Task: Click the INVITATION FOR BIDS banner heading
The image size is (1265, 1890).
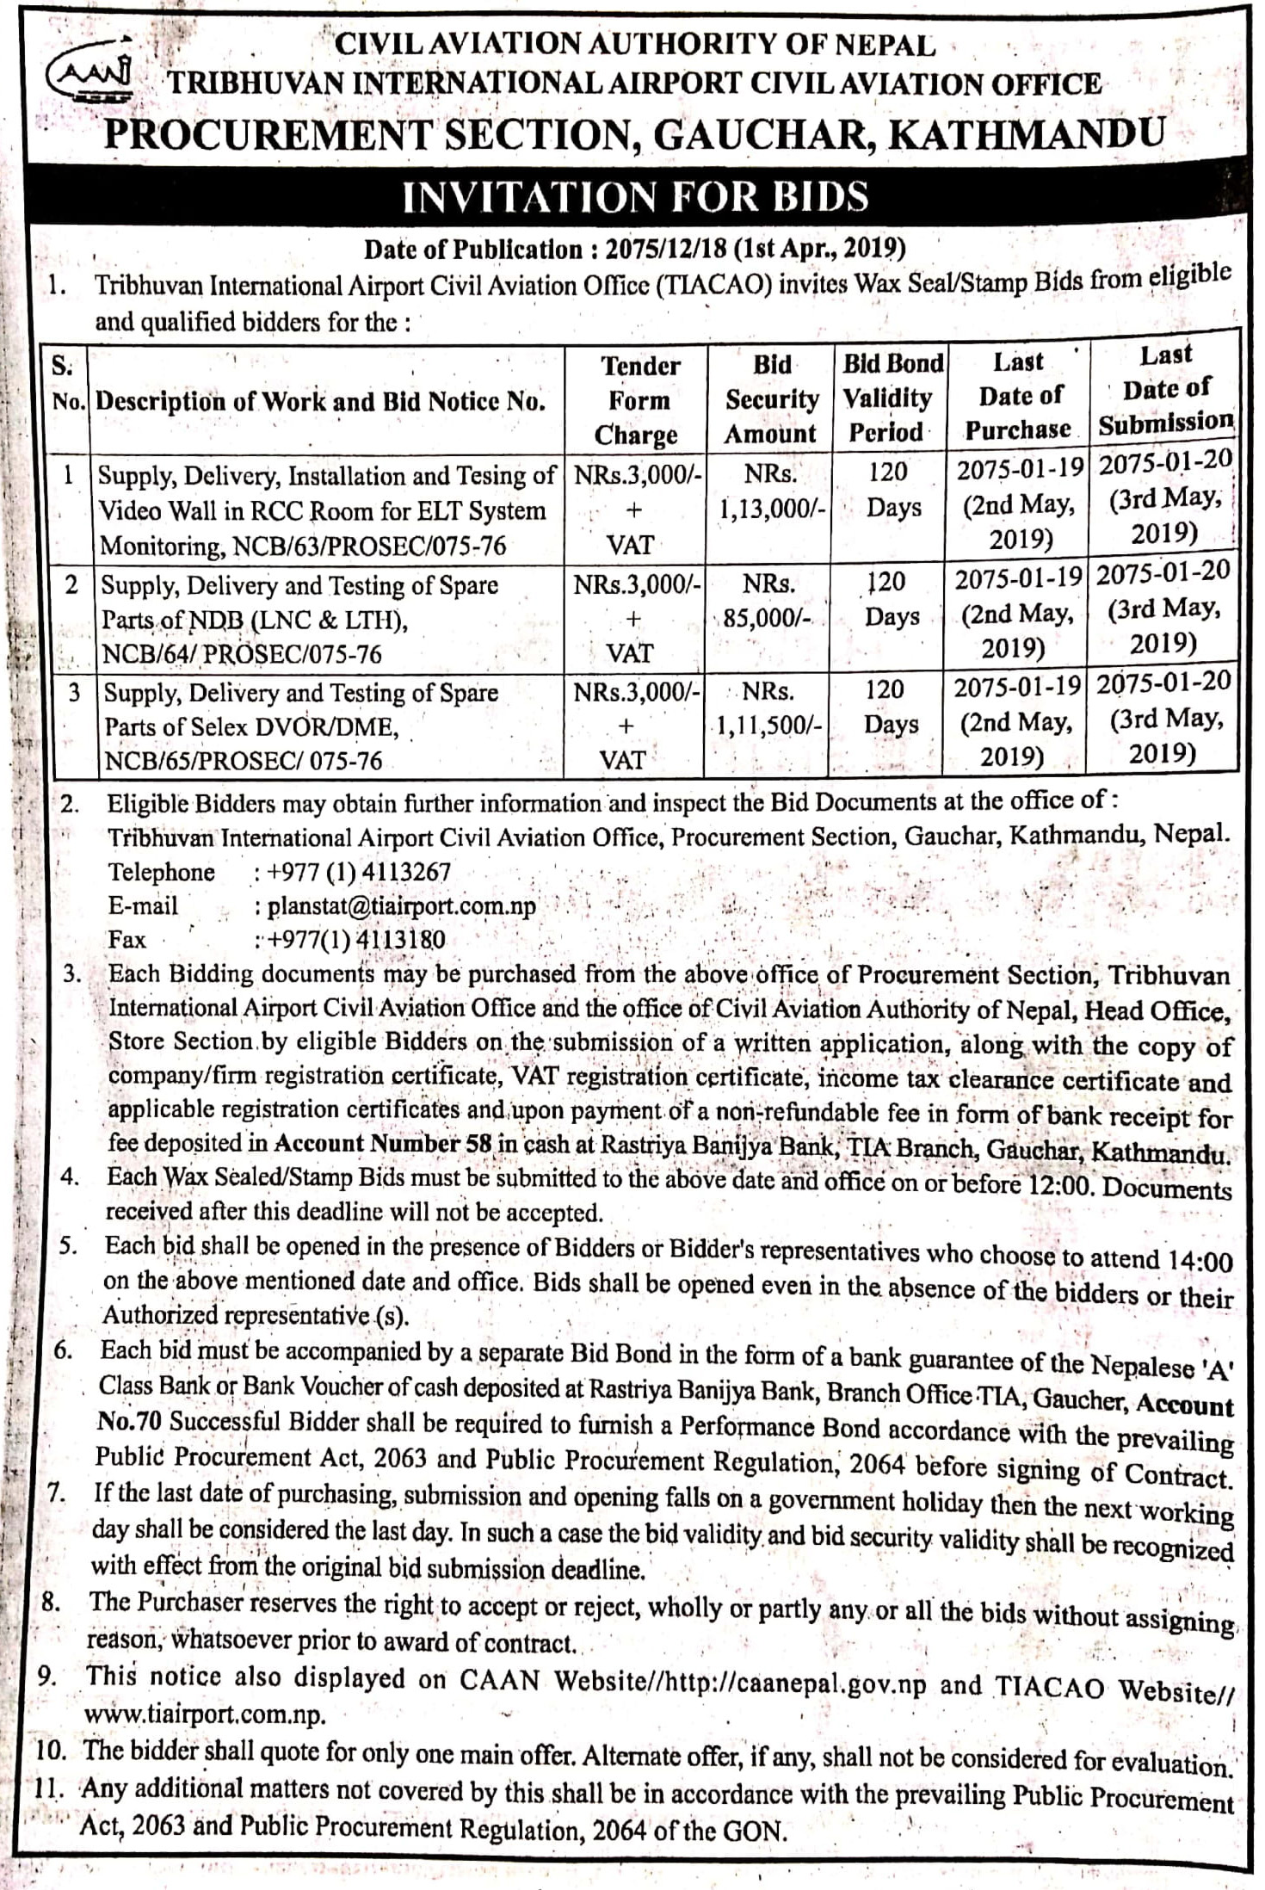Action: [x=636, y=196]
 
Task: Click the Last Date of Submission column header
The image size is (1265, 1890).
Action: [x=1166, y=389]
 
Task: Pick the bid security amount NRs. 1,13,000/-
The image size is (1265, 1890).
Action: [x=771, y=491]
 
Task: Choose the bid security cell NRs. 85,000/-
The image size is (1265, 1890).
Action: [x=769, y=602]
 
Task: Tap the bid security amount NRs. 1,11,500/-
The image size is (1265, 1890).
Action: [x=769, y=708]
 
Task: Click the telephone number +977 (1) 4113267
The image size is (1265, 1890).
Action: [x=359, y=872]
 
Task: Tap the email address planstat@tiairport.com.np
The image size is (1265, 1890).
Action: [x=402, y=906]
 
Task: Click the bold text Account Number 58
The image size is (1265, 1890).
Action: [x=383, y=1144]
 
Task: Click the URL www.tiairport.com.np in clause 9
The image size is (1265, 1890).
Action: [x=205, y=1714]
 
